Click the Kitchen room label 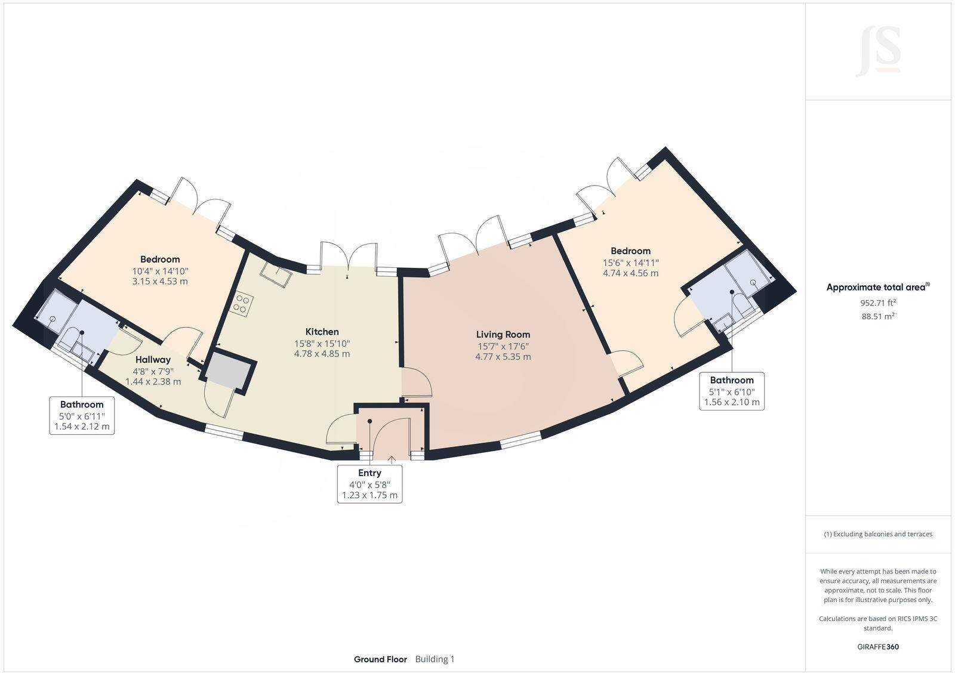(322, 332)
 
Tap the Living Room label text (503, 335)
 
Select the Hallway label (153, 360)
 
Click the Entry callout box (369, 484)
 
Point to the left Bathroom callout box (82, 415)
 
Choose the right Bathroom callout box (731, 391)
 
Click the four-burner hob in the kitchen (242, 303)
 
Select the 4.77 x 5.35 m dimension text (503, 357)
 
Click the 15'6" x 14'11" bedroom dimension (630, 263)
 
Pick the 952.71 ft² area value (878, 302)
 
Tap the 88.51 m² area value (878, 316)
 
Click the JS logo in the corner (878, 51)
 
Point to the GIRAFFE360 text (878, 647)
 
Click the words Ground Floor (380, 659)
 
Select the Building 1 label (435, 659)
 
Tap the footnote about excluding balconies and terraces (878, 534)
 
